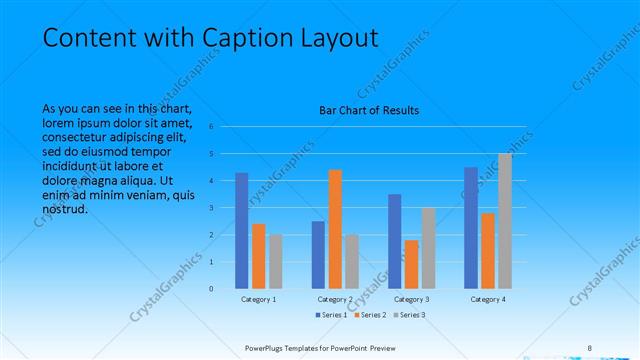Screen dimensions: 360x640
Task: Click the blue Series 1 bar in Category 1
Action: pos(242,231)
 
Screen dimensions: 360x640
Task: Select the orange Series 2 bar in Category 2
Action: pos(335,229)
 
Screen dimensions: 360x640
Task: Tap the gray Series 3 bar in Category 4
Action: pos(505,221)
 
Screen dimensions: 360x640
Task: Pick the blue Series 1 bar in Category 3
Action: pos(395,241)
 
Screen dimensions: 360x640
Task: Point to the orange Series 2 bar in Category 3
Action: pos(412,264)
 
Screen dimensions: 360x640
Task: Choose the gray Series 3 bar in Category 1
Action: pos(276,261)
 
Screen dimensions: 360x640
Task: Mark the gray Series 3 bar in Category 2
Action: pos(352,261)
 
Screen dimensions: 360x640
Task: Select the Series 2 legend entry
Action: pos(369,315)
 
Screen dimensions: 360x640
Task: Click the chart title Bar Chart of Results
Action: pos(369,110)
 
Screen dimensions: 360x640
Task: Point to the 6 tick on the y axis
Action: pos(211,127)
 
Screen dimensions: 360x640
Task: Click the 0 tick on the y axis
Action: pos(211,288)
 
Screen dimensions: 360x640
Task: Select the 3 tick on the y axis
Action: pos(211,208)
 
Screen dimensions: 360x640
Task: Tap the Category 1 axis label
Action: pos(259,299)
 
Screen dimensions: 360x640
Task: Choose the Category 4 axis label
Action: pos(488,299)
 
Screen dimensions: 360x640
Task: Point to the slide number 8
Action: pos(590,347)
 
